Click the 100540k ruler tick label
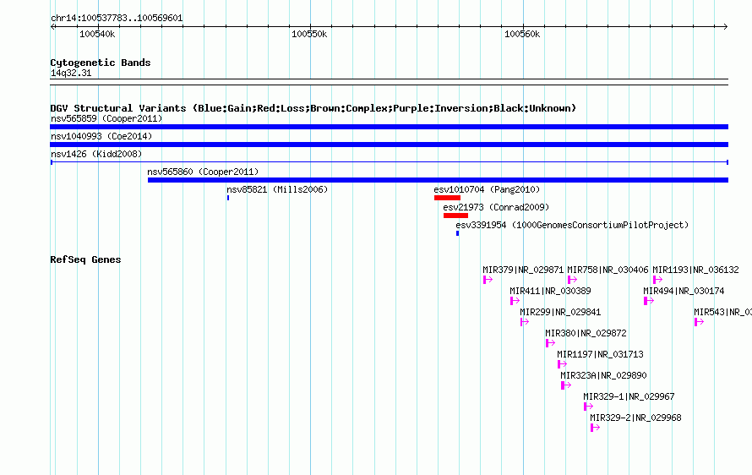tap(97, 34)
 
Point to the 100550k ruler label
tap(309, 34)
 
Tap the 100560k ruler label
tap(522, 34)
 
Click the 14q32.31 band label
tap(71, 73)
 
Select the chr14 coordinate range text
tap(117, 19)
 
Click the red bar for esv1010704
tap(447, 198)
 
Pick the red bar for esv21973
tap(455, 216)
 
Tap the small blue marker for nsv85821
tap(228, 198)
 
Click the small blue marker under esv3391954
tap(457, 233)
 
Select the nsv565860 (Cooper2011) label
tap(203, 172)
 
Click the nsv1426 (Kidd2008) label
tap(96, 154)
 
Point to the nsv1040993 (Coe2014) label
tap(101, 136)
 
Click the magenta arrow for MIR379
tap(488, 280)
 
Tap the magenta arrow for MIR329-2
tap(595, 428)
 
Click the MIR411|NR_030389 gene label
tap(550, 291)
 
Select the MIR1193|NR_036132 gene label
tap(695, 270)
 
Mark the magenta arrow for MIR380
tap(551, 343)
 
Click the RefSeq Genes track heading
tap(85, 259)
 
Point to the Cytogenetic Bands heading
tap(101, 63)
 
